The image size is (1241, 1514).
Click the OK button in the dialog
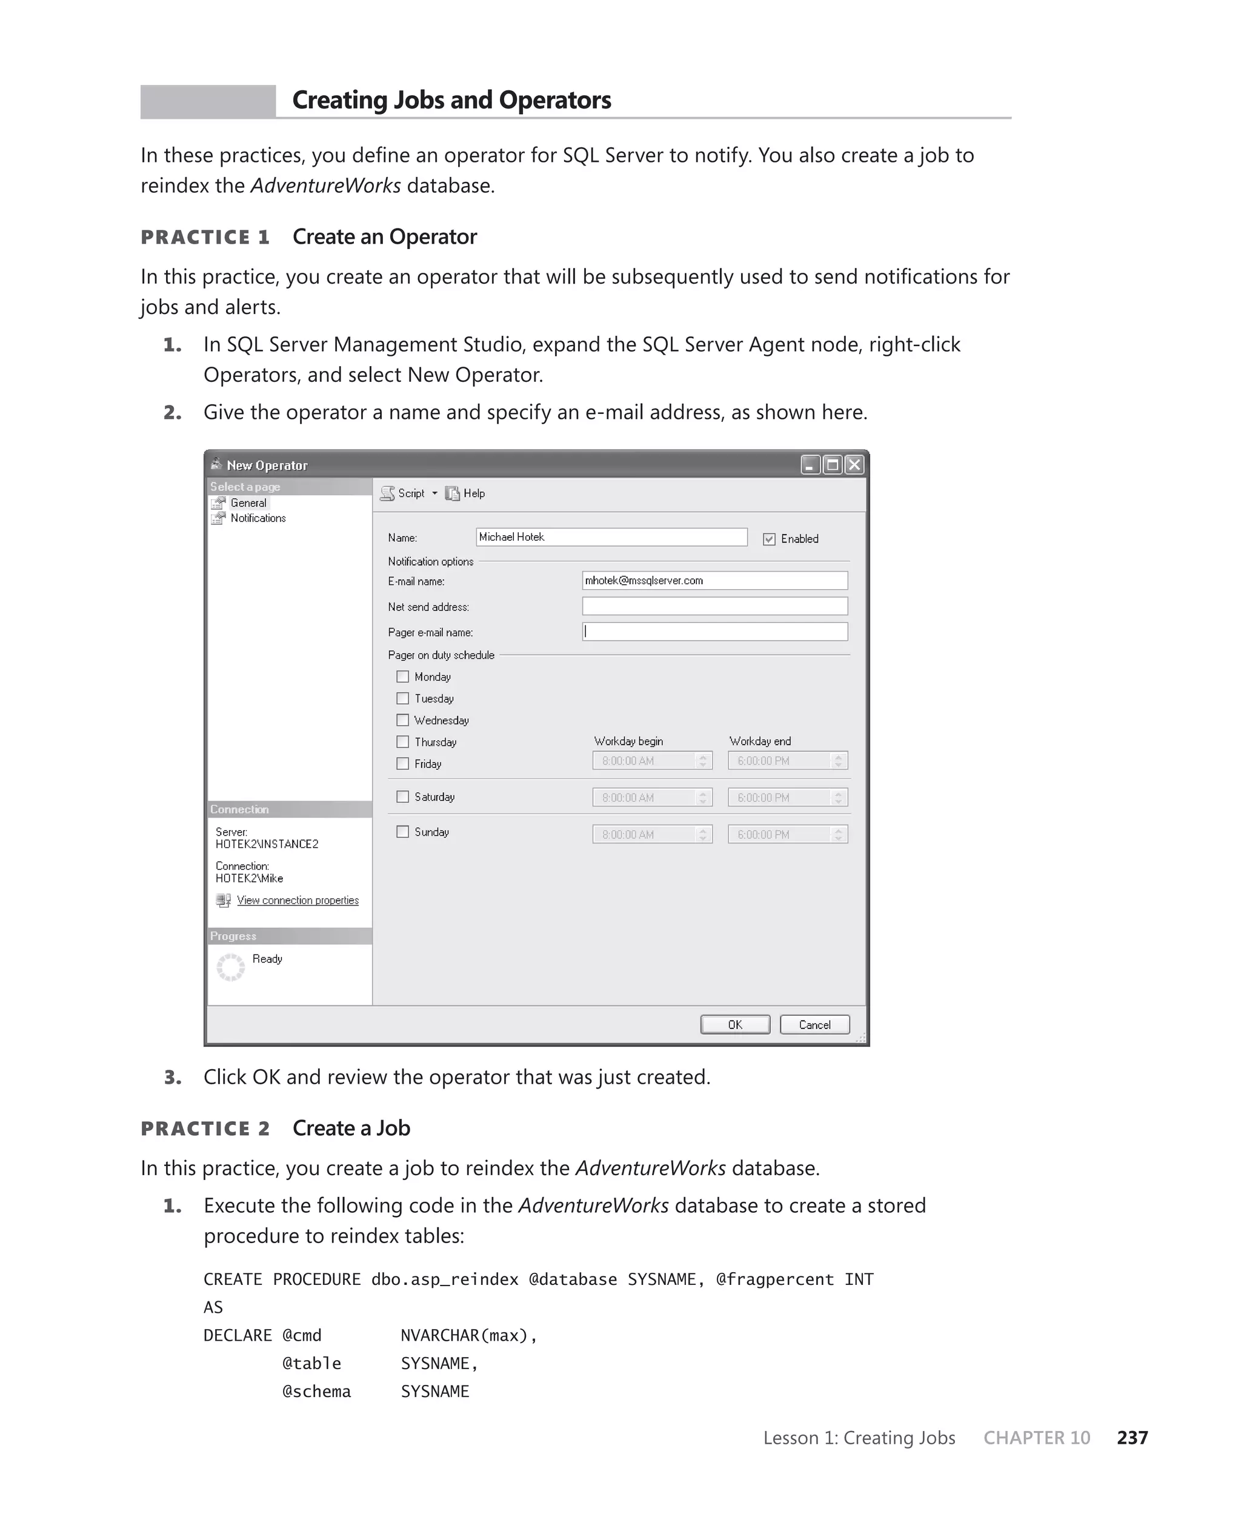735,1024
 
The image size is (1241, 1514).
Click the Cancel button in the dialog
814,1024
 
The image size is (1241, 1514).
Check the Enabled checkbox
769,539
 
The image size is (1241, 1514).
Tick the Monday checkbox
403,676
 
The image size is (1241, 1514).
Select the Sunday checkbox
403,832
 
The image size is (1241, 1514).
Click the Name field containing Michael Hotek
611,537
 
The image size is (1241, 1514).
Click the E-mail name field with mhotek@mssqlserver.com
715,581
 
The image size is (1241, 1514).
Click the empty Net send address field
715,606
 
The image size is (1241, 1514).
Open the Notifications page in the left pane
258,518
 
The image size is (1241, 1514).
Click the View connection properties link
298,900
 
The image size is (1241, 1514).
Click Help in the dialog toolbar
473,493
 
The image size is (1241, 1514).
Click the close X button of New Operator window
854,465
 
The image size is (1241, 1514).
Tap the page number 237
1133,1438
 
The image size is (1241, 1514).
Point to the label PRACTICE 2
205,1129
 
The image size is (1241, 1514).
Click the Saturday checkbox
403,796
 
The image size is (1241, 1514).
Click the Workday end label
760,741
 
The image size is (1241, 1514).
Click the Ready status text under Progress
267,959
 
